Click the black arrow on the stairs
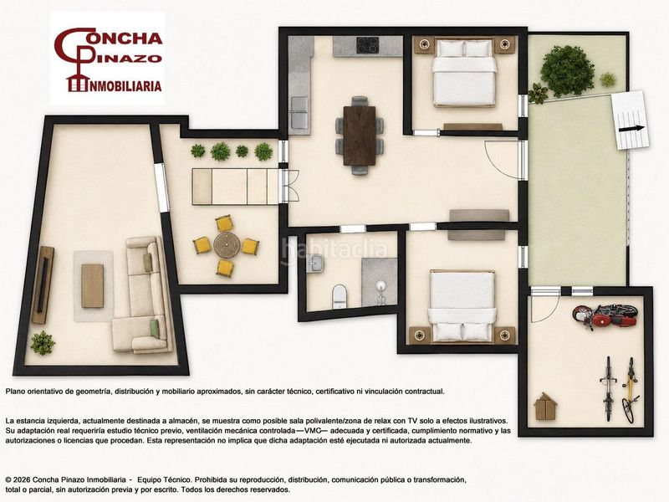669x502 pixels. pyautogui.click(x=632, y=128)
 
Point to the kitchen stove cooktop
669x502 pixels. pyautogui.click(x=368, y=45)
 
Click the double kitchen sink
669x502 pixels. pyautogui.click(x=299, y=112)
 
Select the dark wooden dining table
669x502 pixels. pyautogui.click(x=360, y=135)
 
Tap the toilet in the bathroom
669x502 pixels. pyautogui.click(x=340, y=296)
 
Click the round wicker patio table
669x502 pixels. pyautogui.click(x=225, y=245)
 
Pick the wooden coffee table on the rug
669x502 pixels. pyautogui.click(x=93, y=285)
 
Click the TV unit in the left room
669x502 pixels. pyautogui.click(x=43, y=284)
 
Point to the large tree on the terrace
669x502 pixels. pyautogui.click(x=567, y=71)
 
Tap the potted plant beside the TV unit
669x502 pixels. pyautogui.click(x=43, y=343)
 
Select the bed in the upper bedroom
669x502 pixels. pyautogui.click(x=464, y=73)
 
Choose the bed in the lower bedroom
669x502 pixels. pyautogui.click(x=462, y=306)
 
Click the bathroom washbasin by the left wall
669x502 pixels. pyautogui.click(x=316, y=264)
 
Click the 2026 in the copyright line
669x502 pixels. pyautogui.click(x=23, y=479)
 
